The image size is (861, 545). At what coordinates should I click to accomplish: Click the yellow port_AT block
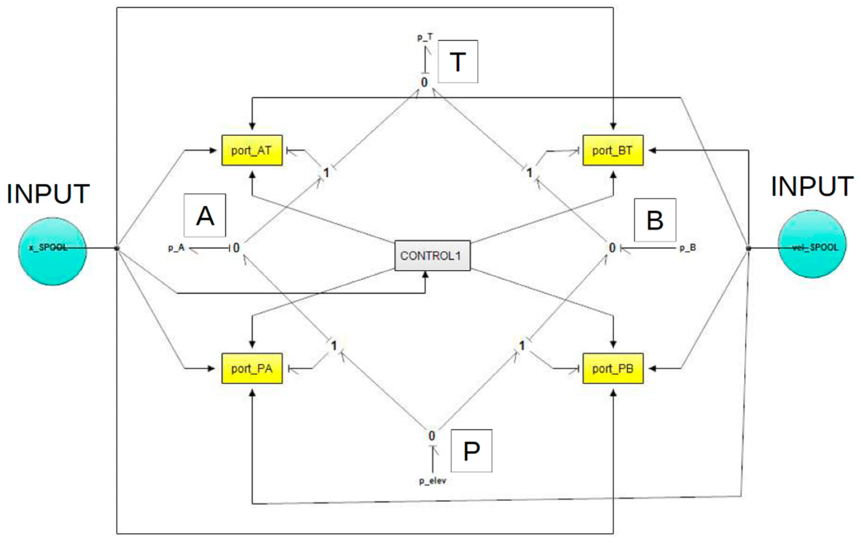(x=252, y=150)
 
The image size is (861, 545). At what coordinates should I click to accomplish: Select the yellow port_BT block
(x=613, y=150)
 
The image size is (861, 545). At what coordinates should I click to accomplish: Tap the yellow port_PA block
(x=252, y=368)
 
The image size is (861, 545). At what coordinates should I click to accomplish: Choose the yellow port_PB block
(x=613, y=368)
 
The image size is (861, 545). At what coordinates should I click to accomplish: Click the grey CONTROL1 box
(x=432, y=255)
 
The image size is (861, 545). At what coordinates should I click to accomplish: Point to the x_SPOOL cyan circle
(x=52, y=251)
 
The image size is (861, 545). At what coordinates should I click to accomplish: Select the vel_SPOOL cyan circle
(x=812, y=244)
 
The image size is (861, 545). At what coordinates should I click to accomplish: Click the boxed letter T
(x=458, y=61)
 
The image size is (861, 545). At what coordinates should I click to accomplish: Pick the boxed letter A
(x=205, y=215)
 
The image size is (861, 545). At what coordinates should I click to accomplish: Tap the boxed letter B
(x=655, y=220)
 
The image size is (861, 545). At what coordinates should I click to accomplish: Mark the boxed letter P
(x=471, y=451)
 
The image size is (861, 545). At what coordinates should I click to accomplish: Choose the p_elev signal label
(x=433, y=481)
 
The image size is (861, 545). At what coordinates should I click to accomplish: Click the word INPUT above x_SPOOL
(x=48, y=194)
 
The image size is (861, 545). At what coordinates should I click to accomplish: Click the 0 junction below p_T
(x=424, y=83)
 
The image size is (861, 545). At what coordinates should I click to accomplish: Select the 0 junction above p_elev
(x=432, y=436)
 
